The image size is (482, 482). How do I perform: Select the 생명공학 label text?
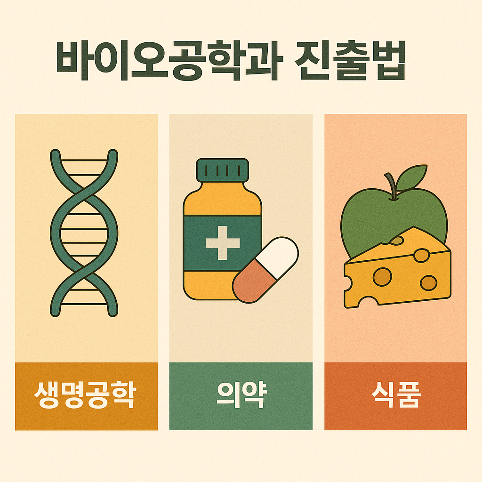tap(86, 396)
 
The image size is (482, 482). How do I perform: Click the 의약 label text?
tap(241, 396)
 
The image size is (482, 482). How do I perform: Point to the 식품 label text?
tap(395, 396)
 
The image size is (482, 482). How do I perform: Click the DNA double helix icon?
tap(84, 233)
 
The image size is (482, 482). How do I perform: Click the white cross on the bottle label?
tap(223, 243)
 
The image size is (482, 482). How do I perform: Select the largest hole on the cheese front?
tap(382, 277)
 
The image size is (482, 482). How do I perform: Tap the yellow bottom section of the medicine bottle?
tap(207, 285)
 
